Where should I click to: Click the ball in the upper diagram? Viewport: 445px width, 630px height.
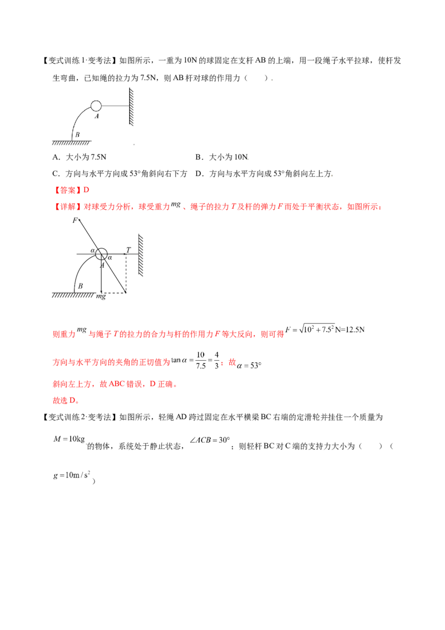click(96, 106)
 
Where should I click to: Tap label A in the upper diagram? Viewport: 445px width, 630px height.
click(97, 116)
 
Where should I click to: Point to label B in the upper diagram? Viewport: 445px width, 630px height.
click(77, 135)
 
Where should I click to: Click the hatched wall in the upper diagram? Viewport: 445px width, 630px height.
click(131, 106)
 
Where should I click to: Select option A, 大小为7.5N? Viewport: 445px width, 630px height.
click(80, 157)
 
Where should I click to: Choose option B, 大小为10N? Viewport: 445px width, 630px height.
click(222, 157)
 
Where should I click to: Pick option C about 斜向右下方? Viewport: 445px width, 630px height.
click(120, 174)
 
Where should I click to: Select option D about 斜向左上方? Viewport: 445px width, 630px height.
click(264, 174)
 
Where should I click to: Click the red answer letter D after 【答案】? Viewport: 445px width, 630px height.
click(86, 190)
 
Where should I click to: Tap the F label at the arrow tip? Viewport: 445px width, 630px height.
click(75, 220)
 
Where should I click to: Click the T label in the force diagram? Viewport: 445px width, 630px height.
click(128, 250)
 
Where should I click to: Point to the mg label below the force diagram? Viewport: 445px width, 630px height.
click(101, 297)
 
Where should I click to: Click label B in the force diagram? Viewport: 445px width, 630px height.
click(80, 286)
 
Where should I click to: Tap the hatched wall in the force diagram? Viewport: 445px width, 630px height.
click(141, 255)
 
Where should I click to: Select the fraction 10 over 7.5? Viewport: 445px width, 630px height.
click(200, 361)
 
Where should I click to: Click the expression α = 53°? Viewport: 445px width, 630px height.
click(249, 366)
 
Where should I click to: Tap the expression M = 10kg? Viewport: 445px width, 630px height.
click(69, 439)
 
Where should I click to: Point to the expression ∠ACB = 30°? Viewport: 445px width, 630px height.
click(210, 440)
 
